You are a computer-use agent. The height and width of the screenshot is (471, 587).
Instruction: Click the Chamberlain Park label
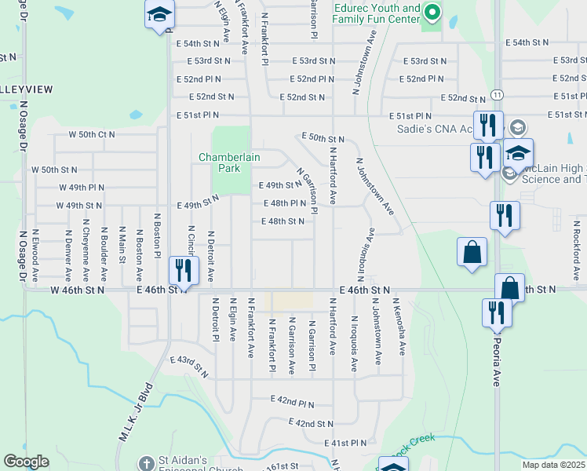pos(229,162)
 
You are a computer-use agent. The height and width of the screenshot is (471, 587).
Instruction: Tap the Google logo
pos(26,462)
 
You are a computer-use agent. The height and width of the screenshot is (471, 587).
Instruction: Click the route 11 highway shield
pos(498,94)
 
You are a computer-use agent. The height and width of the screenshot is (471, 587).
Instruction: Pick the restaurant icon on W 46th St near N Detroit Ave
pos(184,272)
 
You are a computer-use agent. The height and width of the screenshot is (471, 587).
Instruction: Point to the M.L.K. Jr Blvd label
pos(133,422)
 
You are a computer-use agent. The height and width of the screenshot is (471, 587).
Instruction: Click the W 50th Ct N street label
pos(92,134)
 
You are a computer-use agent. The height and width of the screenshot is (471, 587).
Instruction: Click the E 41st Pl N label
pos(345,443)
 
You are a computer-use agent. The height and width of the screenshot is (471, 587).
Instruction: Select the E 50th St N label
pos(323,138)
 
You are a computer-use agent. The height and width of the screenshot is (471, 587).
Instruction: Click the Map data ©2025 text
pos(553,465)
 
